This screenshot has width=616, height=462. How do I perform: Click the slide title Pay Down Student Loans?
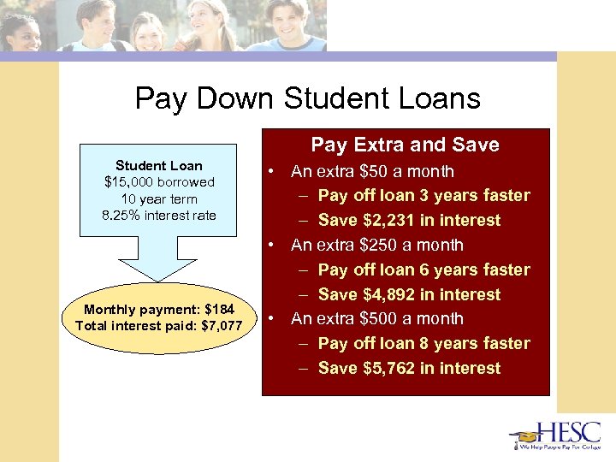(x=307, y=99)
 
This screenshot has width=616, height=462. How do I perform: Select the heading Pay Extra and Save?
(x=405, y=145)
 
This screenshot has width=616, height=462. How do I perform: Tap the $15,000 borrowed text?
(x=159, y=182)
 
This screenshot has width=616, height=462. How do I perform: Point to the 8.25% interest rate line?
(x=159, y=215)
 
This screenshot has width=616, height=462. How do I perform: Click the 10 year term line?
(x=159, y=198)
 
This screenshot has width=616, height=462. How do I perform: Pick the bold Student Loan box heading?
(x=159, y=166)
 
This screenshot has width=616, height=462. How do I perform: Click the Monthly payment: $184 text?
(x=159, y=308)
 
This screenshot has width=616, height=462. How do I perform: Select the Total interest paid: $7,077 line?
(x=159, y=325)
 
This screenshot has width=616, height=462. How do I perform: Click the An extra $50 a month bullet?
(x=372, y=171)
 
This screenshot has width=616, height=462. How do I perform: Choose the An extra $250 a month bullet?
(x=376, y=245)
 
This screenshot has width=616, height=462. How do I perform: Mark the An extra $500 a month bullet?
(x=376, y=318)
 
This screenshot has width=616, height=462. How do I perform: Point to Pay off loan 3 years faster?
(x=423, y=195)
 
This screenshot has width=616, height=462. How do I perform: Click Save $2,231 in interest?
(x=409, y=220)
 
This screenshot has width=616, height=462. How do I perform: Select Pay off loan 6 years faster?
(x=423, y=269)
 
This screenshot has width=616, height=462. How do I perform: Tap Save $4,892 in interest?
(x=409, y=294)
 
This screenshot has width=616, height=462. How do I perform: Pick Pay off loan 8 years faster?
(x=423, y=343)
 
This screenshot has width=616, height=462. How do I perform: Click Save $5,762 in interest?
(x=409, y=368)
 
